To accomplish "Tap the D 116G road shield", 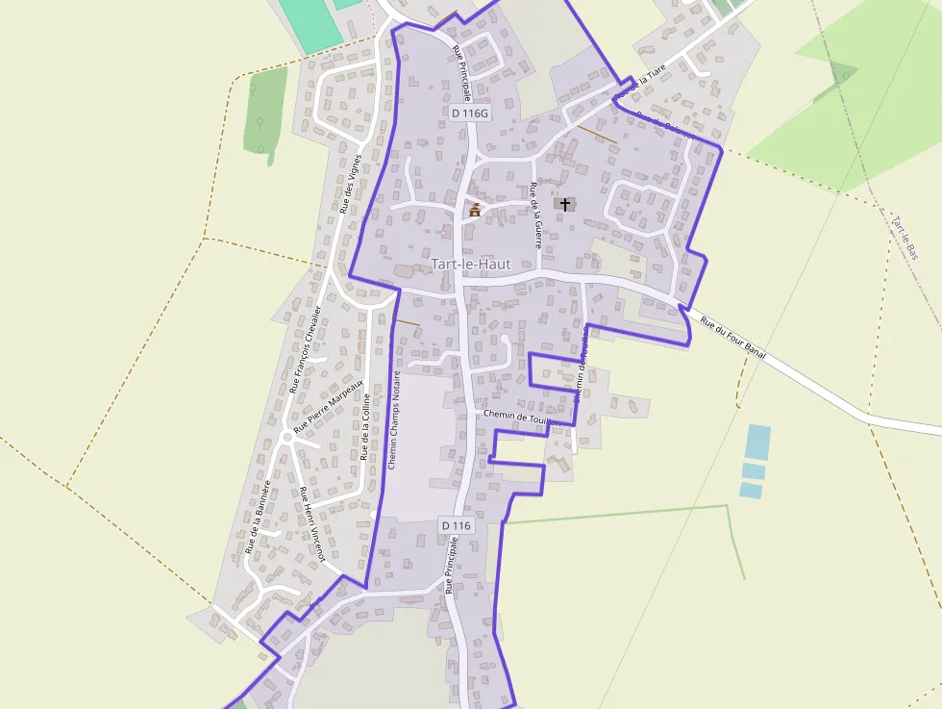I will pos(470,113).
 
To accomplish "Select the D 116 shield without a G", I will pos(457,525).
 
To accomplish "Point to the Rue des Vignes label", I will pos(351,183).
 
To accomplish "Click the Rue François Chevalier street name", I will pos(305,349).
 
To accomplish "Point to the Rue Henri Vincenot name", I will pos(312,524).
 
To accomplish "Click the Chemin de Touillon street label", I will pos(519,415).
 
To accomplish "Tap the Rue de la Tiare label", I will pos(642,83).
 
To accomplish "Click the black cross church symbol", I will pos(565,204).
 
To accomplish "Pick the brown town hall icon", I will pos(474,209).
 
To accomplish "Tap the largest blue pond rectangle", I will pos(757,442).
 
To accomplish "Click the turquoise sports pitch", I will pos(310,23).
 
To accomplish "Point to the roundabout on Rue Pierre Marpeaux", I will pos(285,438).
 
